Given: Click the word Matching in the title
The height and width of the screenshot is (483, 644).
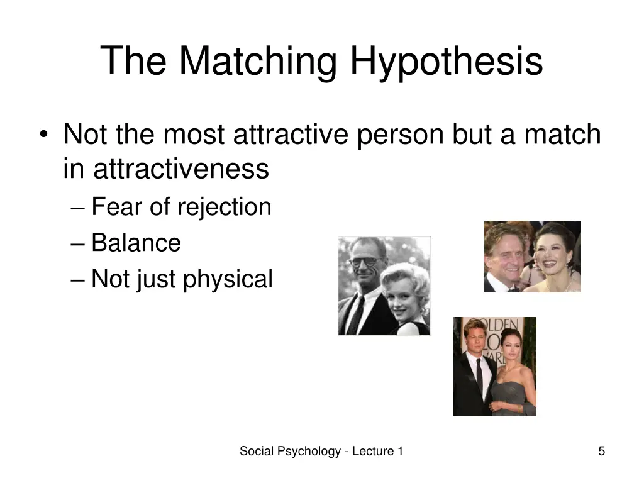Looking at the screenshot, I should (258, 62).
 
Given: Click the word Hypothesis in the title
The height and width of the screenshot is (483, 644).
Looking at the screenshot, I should (447, 62).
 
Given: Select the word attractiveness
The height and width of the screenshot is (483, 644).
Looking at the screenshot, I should (181, 169).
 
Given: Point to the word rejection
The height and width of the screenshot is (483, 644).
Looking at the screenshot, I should (225, 207).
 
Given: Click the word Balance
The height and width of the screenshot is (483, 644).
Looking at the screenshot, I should (136, 243).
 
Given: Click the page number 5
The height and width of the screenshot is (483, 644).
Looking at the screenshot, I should (601, 451).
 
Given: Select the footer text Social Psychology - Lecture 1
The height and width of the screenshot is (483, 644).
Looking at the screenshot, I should (321, 451).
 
